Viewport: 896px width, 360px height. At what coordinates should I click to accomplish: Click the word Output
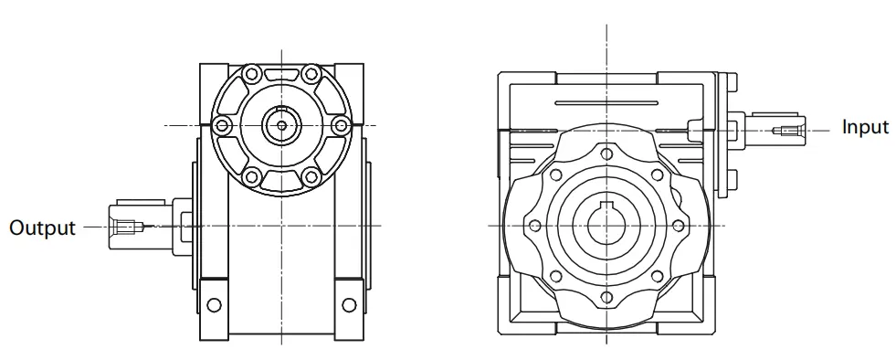point(42,227)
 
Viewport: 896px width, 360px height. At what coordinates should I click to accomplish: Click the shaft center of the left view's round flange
point(280,124)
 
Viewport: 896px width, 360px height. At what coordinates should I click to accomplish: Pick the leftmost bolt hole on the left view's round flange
point(219,124)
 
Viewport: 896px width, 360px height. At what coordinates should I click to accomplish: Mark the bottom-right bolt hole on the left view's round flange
point(311,176)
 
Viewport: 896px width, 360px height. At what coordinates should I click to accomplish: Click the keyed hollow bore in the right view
point(606,224)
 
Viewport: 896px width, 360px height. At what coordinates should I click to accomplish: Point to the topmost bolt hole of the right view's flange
point(606,151)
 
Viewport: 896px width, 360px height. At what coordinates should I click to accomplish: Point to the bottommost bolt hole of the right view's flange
point(606,297)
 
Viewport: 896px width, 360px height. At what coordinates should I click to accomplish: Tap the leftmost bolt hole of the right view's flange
point(533,224)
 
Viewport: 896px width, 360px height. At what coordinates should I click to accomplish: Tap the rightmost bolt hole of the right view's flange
point(678,224)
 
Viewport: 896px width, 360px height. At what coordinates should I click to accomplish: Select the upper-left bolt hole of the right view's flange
point(554,173)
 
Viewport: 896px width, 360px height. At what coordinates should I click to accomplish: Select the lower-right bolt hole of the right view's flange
point(657,275)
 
